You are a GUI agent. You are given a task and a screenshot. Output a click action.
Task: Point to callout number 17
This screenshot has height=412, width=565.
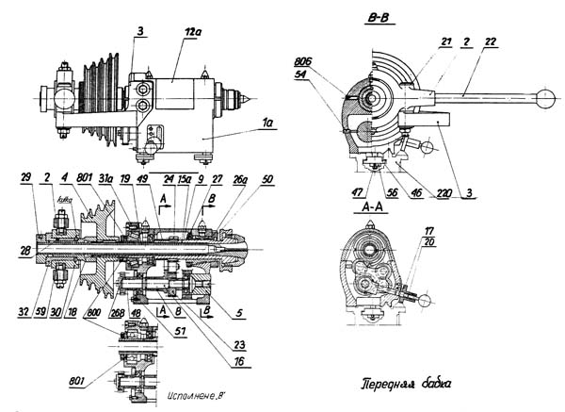tap(430, 231)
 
